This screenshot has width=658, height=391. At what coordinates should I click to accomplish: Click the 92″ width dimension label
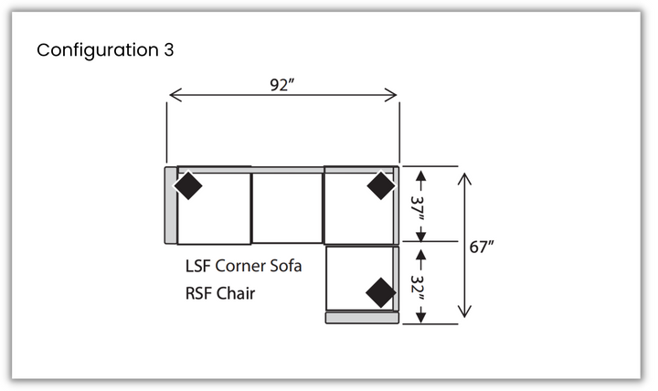(x=281, y=85)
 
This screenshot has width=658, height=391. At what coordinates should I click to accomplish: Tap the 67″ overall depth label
(x=482, y=247)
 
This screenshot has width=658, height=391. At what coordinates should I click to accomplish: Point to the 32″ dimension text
(x=418, y=289)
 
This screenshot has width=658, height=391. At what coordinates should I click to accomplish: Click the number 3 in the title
(x=169, y=50)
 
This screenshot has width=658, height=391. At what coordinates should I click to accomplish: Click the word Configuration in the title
(x=98, y=51)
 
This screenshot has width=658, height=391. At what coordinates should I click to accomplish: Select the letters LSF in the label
(x=197, y=266)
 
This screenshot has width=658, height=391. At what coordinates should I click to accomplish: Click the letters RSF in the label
(x=198, y=293)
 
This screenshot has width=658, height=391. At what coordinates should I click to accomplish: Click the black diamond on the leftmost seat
(x=188, y=185)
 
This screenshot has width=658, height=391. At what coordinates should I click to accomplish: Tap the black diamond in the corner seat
(x=380, y=185)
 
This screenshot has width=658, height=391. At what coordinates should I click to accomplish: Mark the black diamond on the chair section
(x=380, y=292)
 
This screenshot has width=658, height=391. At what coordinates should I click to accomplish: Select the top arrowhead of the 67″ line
(x=464, y=179)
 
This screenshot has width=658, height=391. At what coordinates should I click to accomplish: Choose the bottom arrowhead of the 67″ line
(x=464, y=312)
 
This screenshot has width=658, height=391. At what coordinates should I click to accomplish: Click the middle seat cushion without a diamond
(x=287, y=208)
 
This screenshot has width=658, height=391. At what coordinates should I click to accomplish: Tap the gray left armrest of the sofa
(x=170, y=206)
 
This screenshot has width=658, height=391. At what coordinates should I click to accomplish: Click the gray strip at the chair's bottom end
(x=362, y=318)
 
